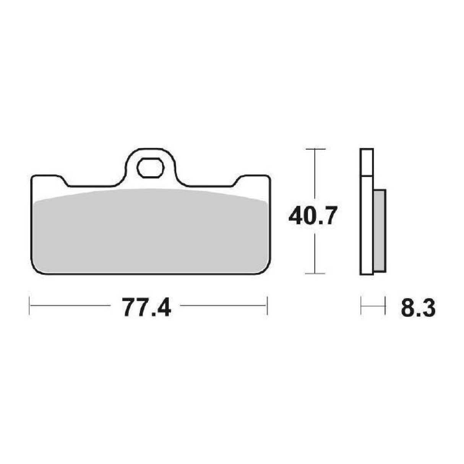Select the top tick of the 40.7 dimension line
click(x=314, y=149)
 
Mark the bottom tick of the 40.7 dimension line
click(x=314, y=273)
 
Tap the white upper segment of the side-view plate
click(x=367, y=162)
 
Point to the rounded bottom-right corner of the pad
click(x=264, y=268)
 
